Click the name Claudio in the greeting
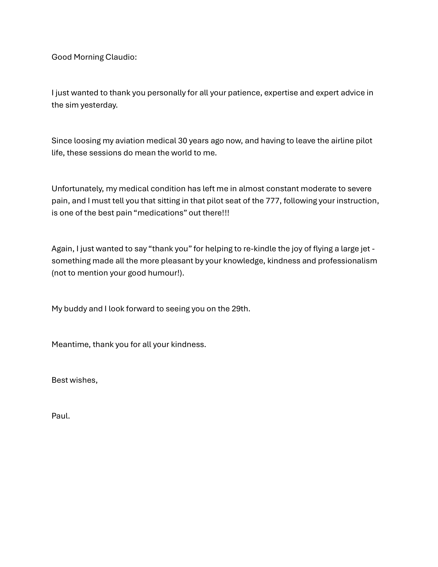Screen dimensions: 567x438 [121, 57]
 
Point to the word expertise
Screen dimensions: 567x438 [281, 93]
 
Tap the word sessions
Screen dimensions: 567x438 [105, 153]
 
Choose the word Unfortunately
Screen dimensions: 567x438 [78, 189]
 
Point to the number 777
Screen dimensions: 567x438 [273, 201]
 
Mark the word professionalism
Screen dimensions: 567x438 [348, 261]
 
